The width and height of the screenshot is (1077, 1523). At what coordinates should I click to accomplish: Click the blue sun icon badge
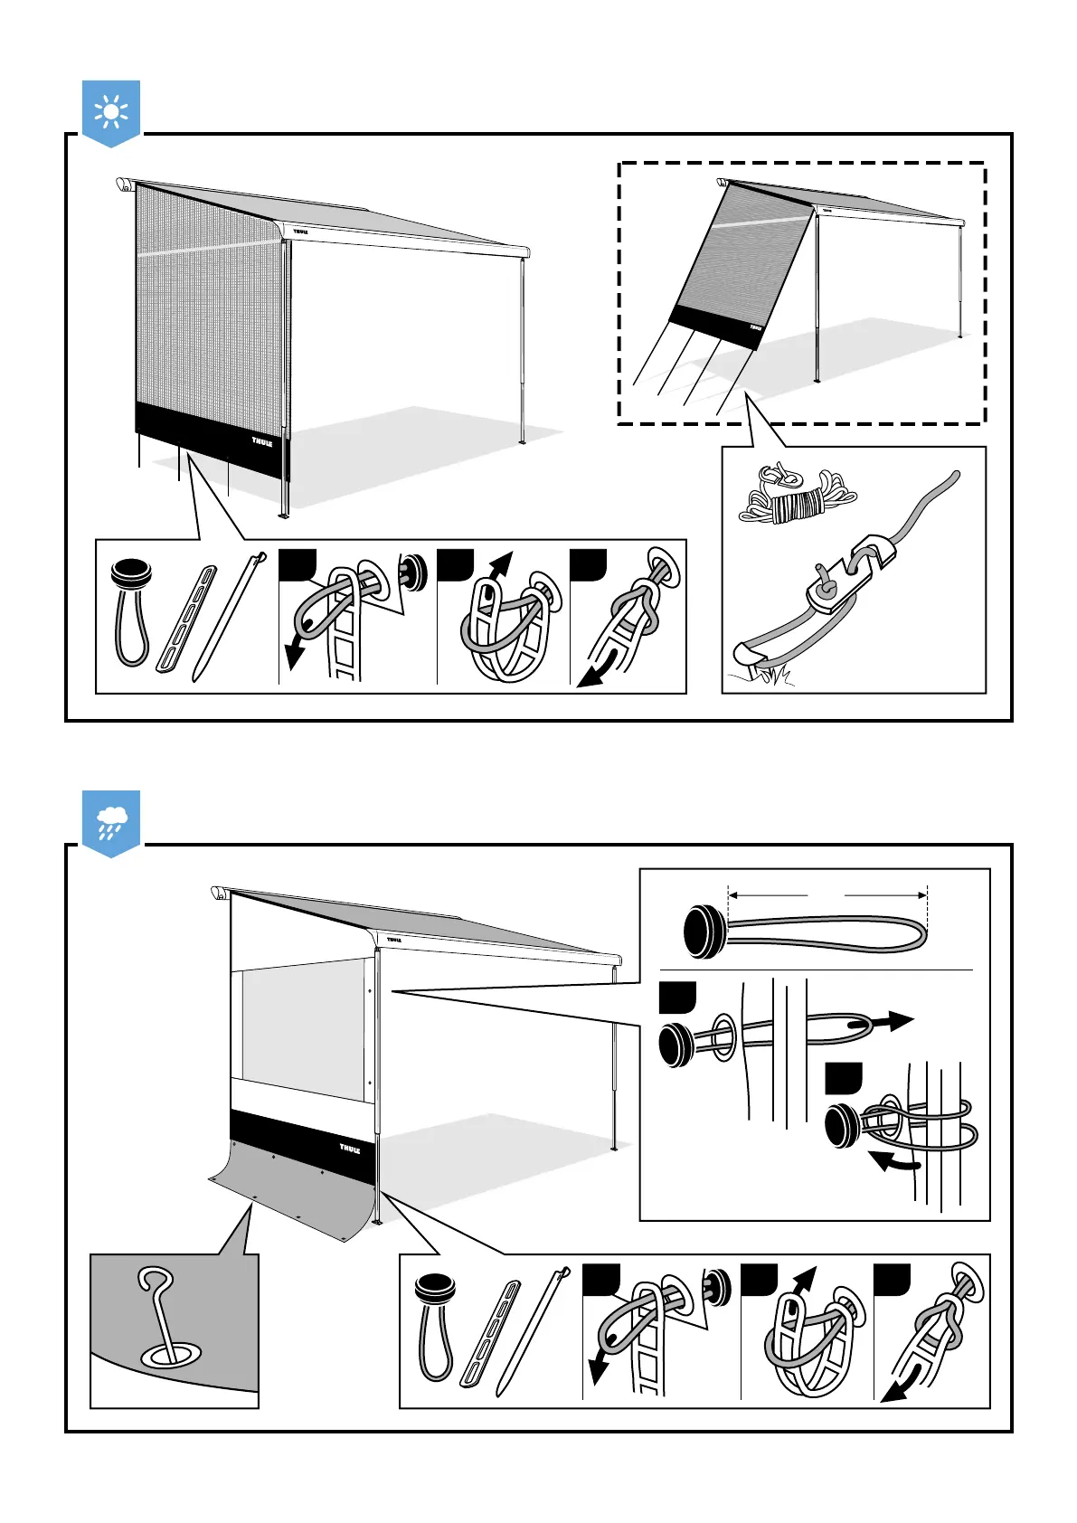(111, 112)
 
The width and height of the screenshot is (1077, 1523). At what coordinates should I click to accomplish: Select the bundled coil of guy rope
(796, 496)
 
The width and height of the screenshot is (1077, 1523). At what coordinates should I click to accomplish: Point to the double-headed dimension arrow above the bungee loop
(827, 895)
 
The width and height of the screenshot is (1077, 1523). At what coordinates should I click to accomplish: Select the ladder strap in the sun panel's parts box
(187, 620)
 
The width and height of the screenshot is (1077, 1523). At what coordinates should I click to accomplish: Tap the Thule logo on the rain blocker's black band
(350, 1149)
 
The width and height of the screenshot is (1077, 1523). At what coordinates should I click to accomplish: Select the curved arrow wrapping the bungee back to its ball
(894, 1164)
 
